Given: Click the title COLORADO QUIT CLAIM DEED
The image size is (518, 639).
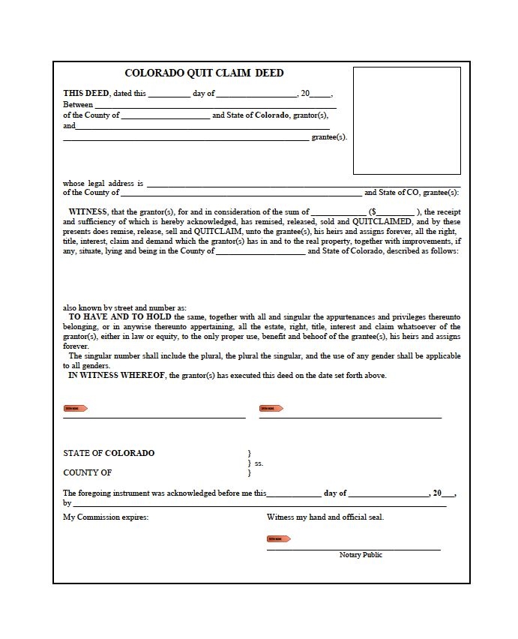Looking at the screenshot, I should (204, 73).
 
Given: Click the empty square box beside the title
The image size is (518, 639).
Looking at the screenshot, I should (407, 120).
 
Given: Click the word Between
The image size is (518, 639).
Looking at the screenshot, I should (78, 105).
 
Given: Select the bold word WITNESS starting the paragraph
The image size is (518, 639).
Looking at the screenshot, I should (88, 212).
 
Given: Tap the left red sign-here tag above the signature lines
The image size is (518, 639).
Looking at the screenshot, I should (76, 409).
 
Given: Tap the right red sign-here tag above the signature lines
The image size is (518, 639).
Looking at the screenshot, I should (271, 409).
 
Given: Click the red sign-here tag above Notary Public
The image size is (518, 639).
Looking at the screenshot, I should (279, 538).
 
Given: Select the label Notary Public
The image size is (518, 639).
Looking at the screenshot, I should (361, 555).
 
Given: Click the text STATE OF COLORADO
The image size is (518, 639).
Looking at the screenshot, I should (109, 454).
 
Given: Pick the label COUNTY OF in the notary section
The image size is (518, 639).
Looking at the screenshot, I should (87, 472).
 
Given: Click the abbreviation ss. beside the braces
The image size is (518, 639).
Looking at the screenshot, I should (259, 463).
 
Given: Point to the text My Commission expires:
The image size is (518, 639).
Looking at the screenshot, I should (106, 517).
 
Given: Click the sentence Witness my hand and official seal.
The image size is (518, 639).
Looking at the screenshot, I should (325, 517).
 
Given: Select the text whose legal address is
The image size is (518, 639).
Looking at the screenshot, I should (103, 183).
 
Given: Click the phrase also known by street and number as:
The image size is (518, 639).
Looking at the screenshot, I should (124, 308).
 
